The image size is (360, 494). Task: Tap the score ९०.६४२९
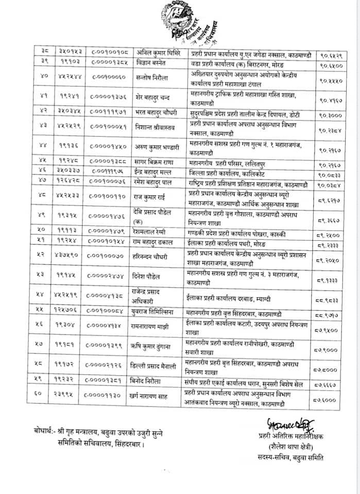tap(331, 53)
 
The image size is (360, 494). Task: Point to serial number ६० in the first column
tap(44, 395)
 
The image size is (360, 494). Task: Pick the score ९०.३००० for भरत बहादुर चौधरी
tap(331, 117)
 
